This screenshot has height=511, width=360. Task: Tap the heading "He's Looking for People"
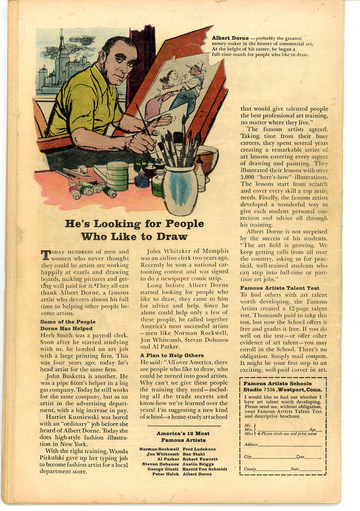tap(134, 224)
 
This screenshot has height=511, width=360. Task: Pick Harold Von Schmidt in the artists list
tap(205, 469)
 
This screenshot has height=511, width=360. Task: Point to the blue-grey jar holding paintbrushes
tap(180, 190)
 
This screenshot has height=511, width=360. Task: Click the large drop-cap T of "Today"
tap(45, 255)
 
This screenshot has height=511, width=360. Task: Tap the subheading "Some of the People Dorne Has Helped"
tap(67, 325)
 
